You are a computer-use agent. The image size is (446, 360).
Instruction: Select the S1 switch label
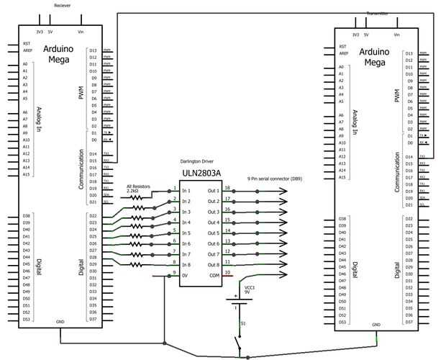[242, 323]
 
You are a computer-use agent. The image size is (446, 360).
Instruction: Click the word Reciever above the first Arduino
[63, 4]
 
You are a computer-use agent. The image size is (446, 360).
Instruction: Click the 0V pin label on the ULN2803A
[186, 275]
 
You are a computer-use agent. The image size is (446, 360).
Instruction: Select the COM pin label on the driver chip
[214, 275]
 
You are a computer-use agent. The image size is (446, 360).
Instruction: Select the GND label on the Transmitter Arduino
[376, 325]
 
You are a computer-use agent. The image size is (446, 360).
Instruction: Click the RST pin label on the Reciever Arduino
[26, 43]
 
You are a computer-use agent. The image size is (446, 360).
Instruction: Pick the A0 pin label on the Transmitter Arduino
[342, 67]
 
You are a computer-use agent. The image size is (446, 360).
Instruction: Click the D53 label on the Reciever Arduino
[27, 319]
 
